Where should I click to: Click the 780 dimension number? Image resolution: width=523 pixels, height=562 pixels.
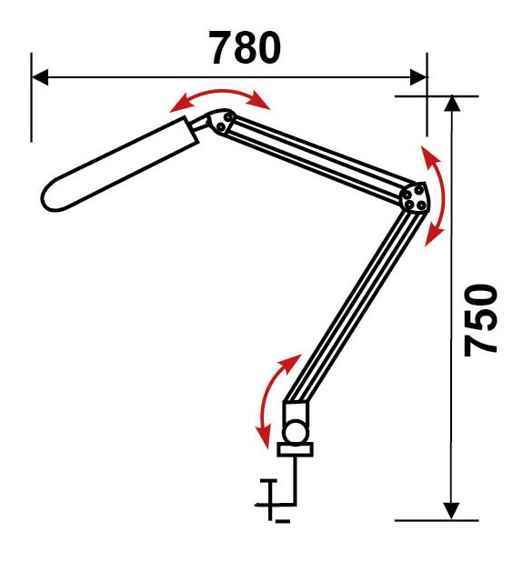[x=245, y=47]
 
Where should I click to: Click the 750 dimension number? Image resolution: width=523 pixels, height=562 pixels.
[x=480, y=320]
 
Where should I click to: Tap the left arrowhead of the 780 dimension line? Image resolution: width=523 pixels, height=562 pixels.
[x=40, y=77]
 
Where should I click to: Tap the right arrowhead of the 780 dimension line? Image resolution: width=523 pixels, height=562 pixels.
[x=418, y=77]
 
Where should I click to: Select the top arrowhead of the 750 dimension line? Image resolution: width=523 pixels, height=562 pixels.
[x=452, y=104]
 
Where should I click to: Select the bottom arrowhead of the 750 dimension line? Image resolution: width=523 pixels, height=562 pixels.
[x=451, y=511]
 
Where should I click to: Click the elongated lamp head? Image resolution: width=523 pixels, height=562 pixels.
[x=120, y=165]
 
